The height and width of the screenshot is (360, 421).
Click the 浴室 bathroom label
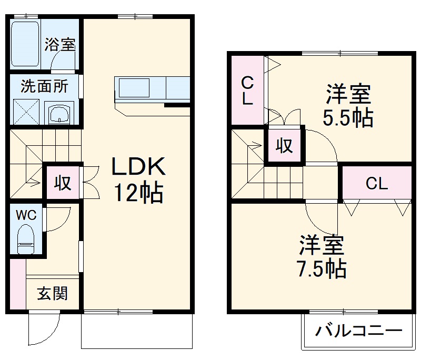(x=59, y=44)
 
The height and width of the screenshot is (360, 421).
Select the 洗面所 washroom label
(x=44, y=86)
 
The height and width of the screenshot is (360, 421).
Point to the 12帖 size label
(x=139, y=194)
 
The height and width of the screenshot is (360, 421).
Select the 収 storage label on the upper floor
(x=285, y=145)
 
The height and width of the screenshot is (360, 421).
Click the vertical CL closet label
(x=247, y=90)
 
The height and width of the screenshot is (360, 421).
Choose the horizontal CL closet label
(x=377, y=184)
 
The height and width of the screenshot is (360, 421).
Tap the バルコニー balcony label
(x=359, y=331)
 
